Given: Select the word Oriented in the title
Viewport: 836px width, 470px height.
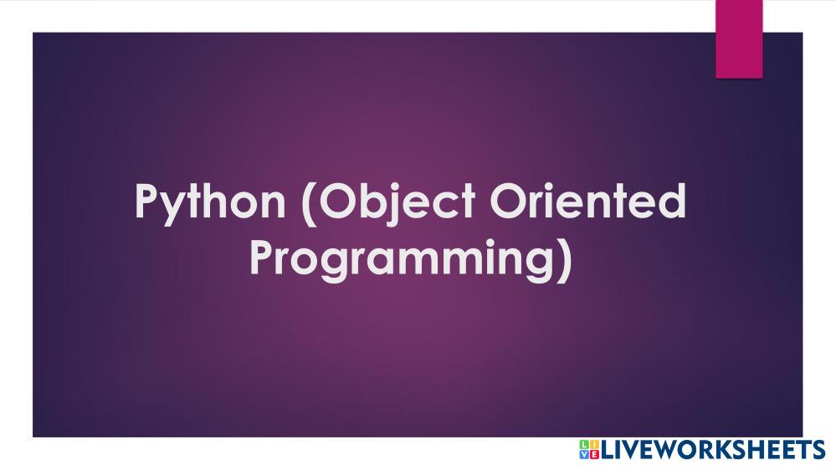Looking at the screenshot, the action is (x=588, y=201).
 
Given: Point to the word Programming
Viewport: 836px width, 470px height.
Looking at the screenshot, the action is (x=401, y=259).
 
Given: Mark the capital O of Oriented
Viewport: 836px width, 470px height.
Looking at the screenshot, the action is (x=508, y=201).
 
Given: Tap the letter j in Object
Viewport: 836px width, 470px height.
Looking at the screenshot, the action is (x=390, y=206).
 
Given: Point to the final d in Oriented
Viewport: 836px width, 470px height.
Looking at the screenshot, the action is (x=673, y=201).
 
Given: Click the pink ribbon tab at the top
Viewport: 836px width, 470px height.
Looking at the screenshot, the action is (x=739, y=39).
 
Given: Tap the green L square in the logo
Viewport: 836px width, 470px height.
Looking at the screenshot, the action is (x=585, y=445).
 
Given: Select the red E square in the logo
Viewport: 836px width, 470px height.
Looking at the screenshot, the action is (x=594, y=454).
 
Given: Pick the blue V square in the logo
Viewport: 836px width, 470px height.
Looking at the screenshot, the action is (x=585, y=454).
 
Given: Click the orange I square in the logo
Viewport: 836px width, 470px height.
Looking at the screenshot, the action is (x=594, y=445).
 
